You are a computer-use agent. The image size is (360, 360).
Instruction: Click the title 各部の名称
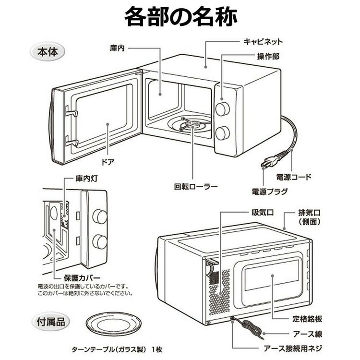[x=180, y=17]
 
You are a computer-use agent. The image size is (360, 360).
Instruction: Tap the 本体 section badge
[x=47, y=51]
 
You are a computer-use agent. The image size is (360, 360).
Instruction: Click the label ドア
[x=108, y=162]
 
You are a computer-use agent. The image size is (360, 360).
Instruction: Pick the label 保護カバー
[x=82, y=278]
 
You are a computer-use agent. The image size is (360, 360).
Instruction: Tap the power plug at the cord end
[x=265, y=163]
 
